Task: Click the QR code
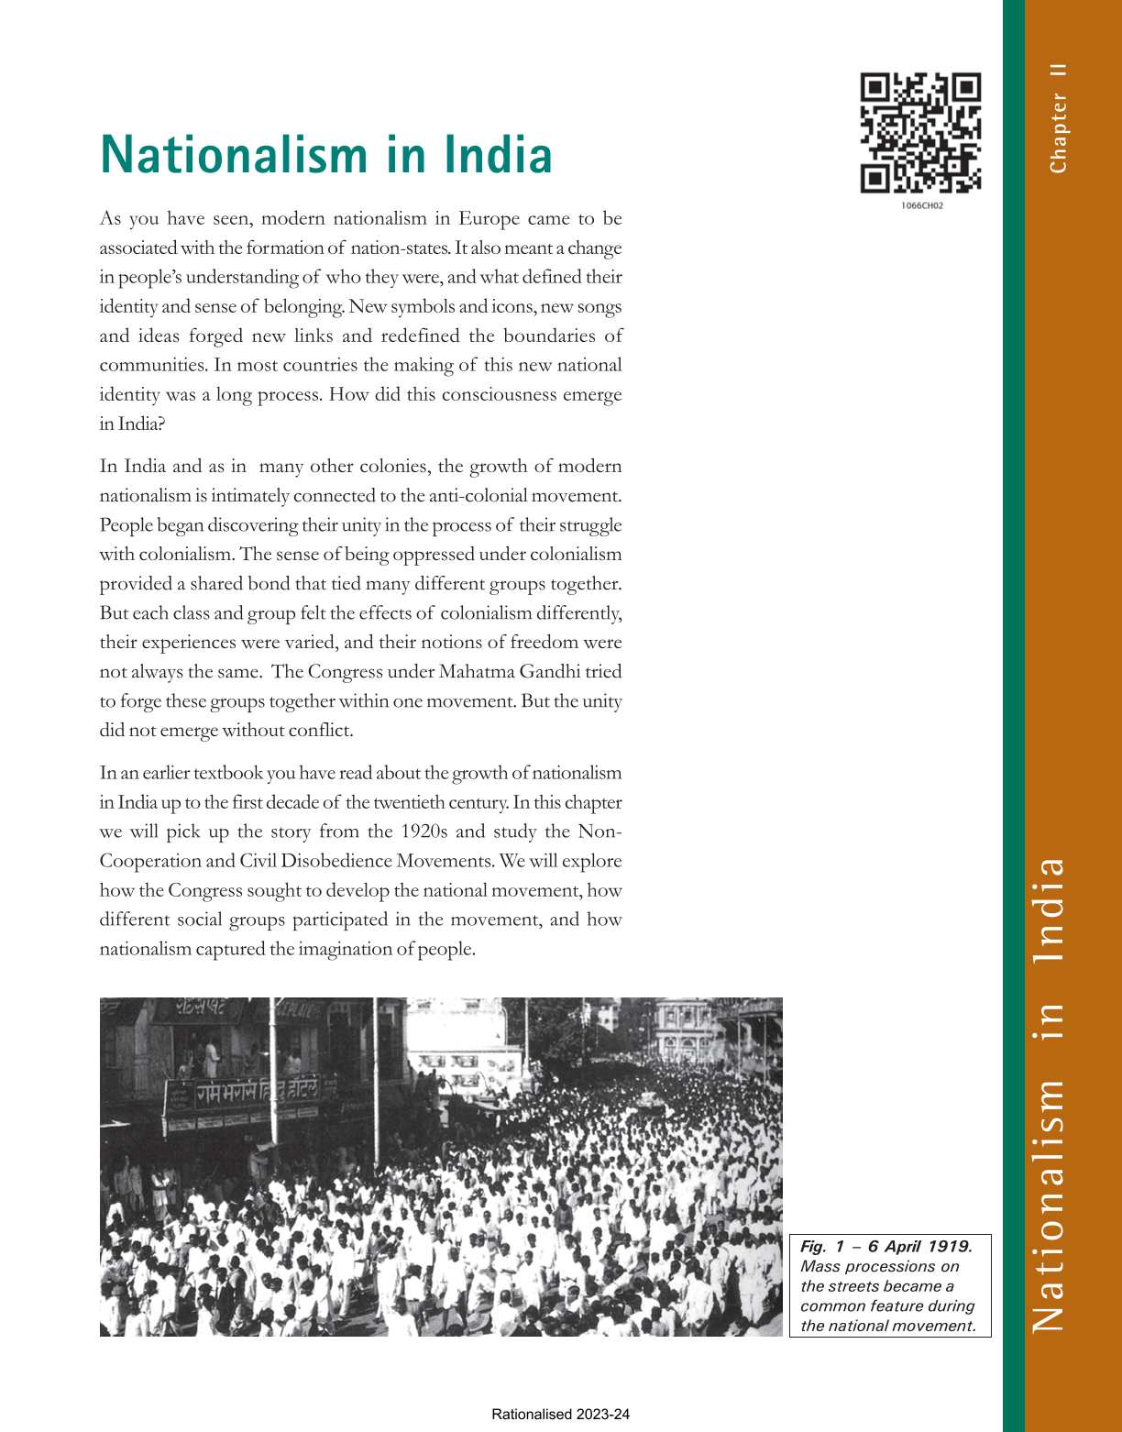[x=920, y=132]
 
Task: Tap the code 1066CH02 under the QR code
[x=921, y=205]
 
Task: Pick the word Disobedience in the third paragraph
[x=337, y=861]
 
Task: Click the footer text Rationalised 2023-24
[x=561, y=1415]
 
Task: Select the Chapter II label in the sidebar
[x=1058, y=118]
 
